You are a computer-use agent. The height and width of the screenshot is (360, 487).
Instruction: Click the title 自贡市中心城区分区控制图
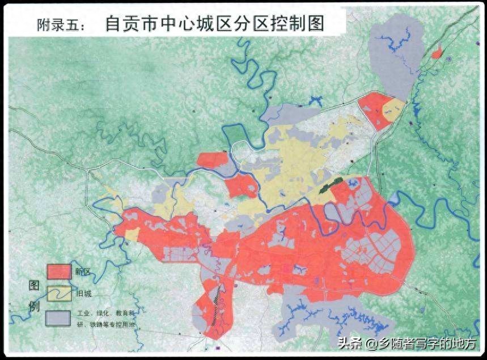point(214,24)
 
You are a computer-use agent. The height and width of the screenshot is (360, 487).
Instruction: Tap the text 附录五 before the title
point(61,25)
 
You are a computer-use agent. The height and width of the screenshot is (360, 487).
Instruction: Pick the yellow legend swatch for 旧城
point(59,293)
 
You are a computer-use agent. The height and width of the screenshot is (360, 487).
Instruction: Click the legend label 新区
point(83,271)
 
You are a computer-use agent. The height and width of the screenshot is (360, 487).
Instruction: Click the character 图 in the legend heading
point(33,285)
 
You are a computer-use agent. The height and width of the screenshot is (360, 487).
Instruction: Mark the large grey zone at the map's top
point(397,57)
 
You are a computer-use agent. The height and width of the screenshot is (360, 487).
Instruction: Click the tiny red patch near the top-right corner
point(436,53)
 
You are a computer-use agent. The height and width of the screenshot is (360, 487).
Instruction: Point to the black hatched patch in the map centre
point(331,185)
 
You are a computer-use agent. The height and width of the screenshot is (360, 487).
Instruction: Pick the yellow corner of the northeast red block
point(393,108)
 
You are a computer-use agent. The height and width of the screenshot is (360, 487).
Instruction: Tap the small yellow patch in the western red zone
point(132,234)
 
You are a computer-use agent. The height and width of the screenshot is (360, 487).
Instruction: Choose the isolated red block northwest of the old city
point(213,159)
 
